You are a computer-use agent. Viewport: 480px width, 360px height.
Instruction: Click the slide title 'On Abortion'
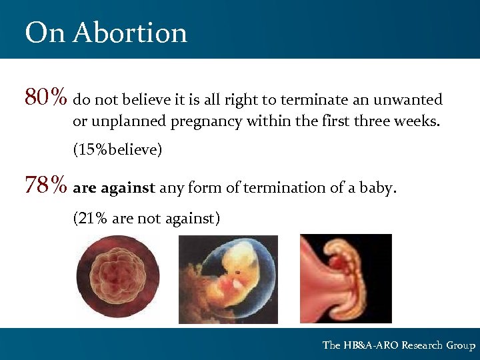click(x=106, y=32)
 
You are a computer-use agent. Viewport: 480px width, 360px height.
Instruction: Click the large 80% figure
click(x=46, y=98)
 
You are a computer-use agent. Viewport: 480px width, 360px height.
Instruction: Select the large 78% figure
click(x=46, y=185)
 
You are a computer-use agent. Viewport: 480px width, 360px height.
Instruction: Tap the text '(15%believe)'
click(x=117, y=149)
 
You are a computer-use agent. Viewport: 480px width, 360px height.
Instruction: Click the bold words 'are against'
click(x=114, y=188)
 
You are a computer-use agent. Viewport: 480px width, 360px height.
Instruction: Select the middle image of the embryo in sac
click(x=228, y=279)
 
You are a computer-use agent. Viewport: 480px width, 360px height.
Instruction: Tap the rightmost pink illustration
click(x=345, y=278)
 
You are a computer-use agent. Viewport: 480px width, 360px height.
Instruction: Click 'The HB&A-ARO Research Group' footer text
click(x=399, y=345)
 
